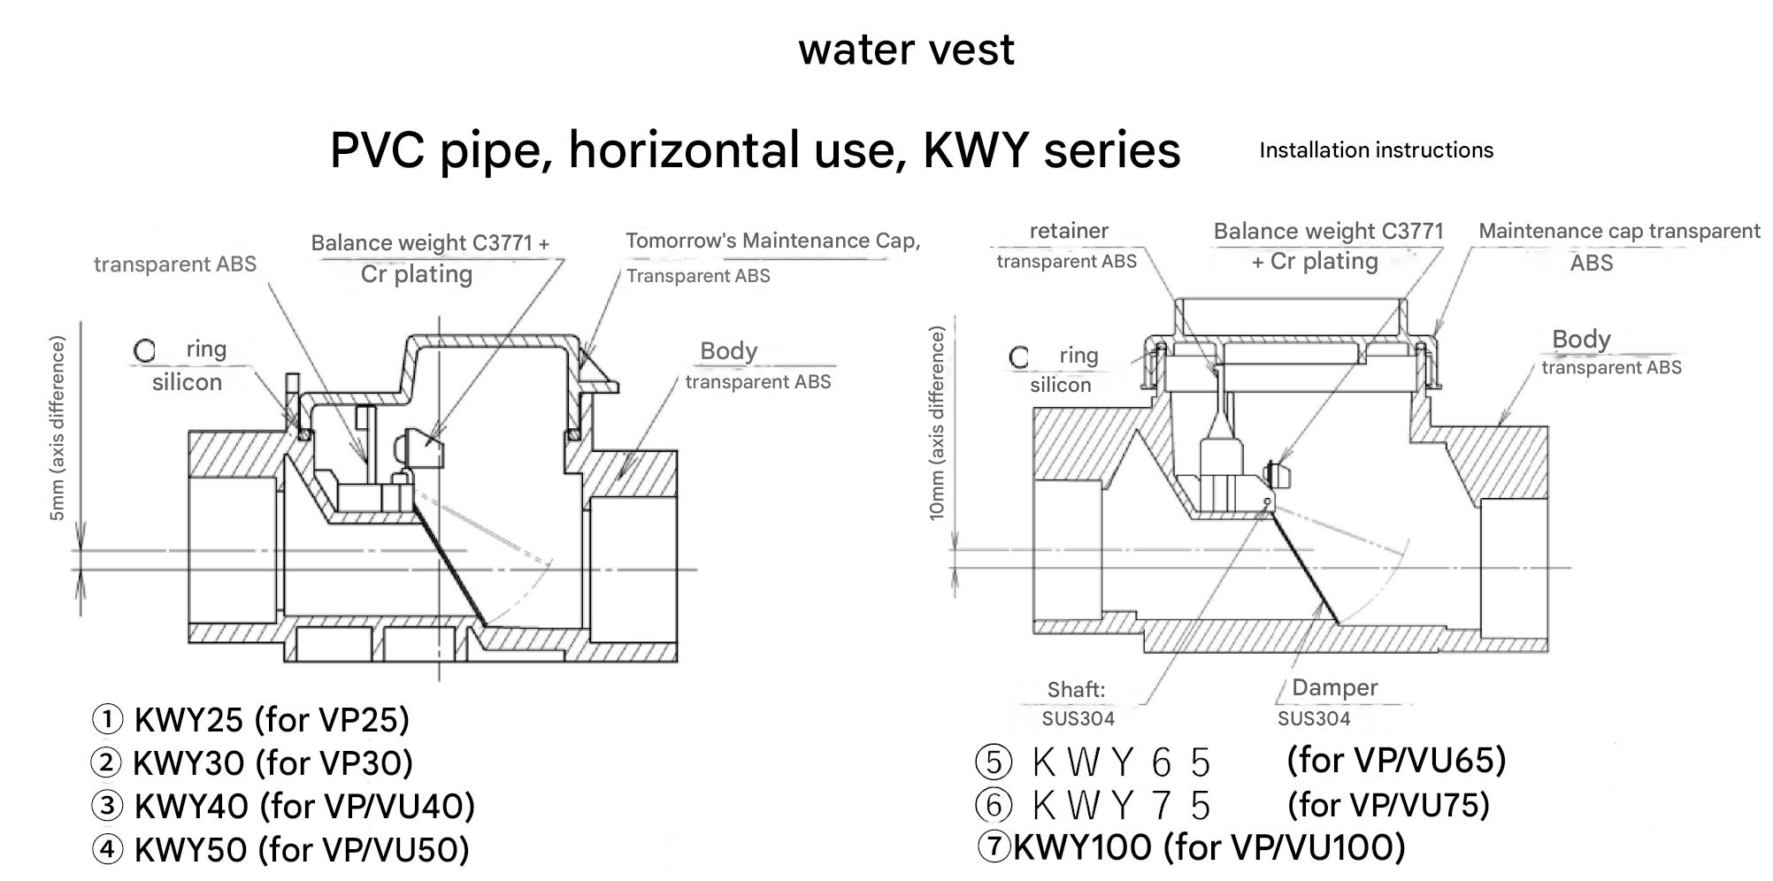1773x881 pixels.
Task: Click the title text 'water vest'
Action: click(906, 50)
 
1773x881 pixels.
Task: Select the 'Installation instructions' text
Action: click(1376, 150)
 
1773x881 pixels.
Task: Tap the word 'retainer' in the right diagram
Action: click(1069, 231)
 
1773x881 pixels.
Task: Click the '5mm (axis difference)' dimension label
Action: click(58, 428)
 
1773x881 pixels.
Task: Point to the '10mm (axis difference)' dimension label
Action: click(937, 423)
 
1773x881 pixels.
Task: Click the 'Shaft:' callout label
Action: click(1076, 689)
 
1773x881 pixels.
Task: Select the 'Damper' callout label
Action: click(1334, 687)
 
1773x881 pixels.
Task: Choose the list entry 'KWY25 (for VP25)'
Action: click(271, 720)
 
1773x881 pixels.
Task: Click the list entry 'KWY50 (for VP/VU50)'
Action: click(301, 850)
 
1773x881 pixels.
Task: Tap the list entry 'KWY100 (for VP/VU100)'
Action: click(1209, 847)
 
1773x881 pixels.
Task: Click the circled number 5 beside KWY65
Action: click(993, 762)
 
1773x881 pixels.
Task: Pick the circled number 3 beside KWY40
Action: click(107, 806)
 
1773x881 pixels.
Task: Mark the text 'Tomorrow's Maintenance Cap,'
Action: click(772, 241)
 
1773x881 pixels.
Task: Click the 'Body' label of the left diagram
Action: click(728, 351)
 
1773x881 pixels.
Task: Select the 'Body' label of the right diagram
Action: click(1581, 340)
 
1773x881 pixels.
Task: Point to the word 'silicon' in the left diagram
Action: click(187, 382)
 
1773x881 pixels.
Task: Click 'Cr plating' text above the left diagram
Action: click(416, 274)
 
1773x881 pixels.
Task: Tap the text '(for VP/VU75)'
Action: click(1388, 804)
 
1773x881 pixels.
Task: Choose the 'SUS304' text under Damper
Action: click(1314, 718)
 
